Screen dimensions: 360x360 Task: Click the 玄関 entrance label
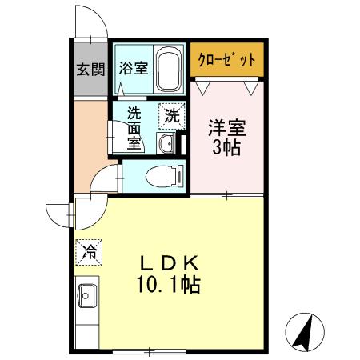coord(90,69)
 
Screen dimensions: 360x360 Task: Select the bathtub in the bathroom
coord(168,70)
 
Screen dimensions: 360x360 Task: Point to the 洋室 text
coord(226,127)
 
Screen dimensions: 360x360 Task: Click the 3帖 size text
coord(226,149)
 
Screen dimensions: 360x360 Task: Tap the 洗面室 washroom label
coord(133,128)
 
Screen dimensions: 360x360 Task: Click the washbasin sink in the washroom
coord(167,143)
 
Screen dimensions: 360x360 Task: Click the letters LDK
coord(170,264)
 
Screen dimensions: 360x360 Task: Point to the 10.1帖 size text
coord(170,285)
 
